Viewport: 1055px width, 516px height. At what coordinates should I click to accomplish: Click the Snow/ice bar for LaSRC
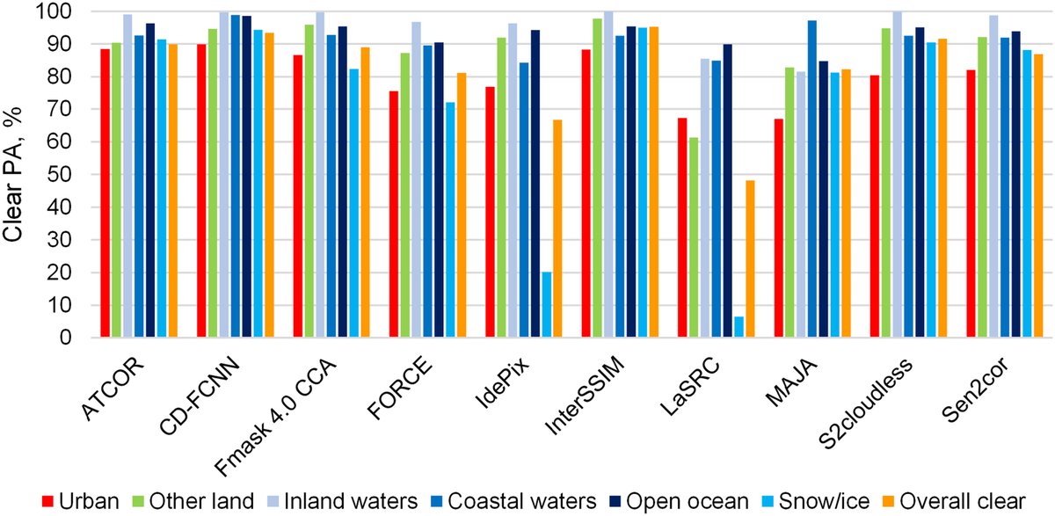point(738,327)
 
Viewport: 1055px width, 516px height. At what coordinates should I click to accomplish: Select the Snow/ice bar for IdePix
point(546,305)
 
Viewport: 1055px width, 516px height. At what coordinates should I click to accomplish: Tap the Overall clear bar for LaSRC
point(750,259)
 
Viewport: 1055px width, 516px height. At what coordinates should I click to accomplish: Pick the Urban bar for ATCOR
point(105,193)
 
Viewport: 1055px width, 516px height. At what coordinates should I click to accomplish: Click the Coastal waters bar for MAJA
point(812,179)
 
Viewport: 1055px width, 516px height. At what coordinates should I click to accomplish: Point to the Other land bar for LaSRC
point(694,237)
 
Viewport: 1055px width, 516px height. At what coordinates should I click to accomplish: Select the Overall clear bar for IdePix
point(557,229)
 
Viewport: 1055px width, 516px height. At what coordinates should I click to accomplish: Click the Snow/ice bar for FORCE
point(450,220)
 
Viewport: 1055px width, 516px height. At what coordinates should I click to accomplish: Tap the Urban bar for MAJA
point(779,228)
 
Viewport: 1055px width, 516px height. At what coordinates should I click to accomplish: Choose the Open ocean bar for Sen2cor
point(1016,184)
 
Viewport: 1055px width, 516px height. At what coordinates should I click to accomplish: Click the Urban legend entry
point(81,501)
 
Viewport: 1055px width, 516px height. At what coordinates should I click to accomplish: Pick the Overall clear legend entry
point(957,501)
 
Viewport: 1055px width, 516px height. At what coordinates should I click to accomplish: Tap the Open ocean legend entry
point(682,501)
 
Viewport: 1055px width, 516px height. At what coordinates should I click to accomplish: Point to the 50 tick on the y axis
point(59,175)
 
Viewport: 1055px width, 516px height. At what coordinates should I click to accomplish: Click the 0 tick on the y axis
point(65,338)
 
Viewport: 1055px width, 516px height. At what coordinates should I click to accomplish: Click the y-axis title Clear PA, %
point(12,174)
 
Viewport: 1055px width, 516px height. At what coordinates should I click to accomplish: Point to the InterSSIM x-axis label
point(585,396)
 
